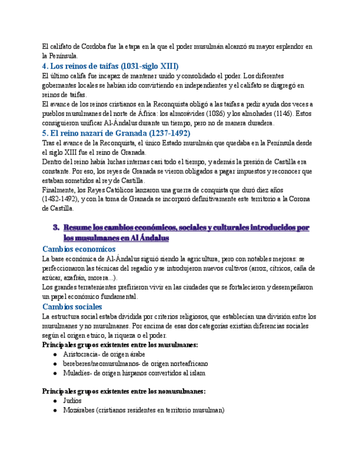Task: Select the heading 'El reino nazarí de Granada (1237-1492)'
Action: [x=116, y=133]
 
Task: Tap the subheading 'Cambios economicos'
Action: [x=79, y=249]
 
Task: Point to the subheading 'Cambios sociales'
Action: [x=72, y=307]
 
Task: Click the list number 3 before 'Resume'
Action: [x=56, y=228]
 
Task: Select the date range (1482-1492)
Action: [x=61, y=199]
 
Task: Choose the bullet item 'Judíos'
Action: [x=73, y=401]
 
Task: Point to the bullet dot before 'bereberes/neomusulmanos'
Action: [x=56, y=364]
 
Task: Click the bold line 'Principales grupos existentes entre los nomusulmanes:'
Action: [x=124, y=391]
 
